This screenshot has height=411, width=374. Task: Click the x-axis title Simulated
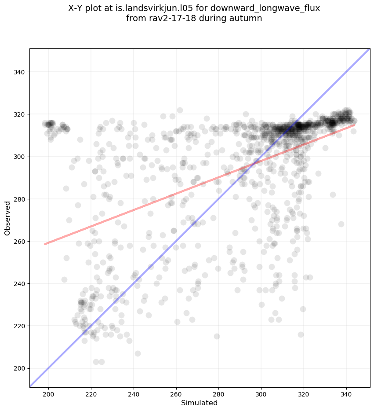200,403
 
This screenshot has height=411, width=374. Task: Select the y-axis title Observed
7,218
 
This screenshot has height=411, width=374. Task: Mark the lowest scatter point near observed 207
138,353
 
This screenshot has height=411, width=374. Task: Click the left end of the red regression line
45,244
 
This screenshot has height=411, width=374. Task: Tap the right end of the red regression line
354,125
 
